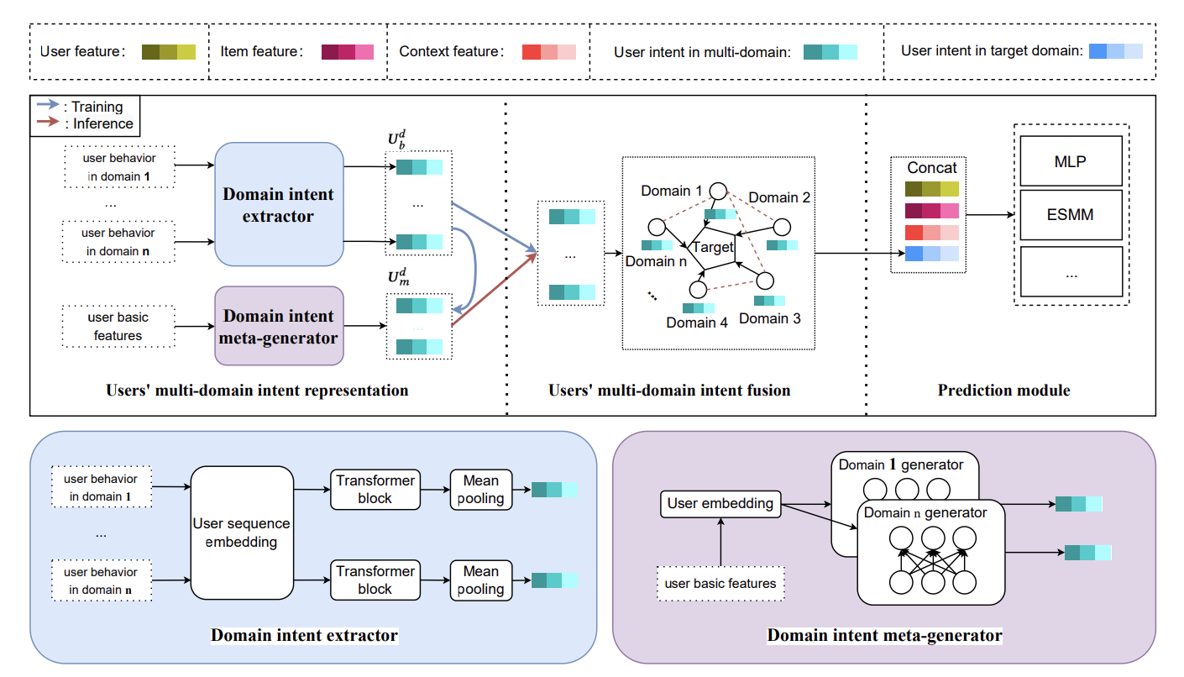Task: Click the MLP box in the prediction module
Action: pyautogui.click(x=1070, y=160)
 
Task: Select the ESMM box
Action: pyautogui.click(x=1070, y=214)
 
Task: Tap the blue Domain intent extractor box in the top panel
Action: pyautogui.click(x=279, y=204)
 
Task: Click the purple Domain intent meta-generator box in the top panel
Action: pyautogui.click(x=279, y=326)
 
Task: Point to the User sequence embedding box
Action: pyautogui.click(x=241, y=533)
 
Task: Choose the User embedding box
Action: pyautogui.click(x=720, y=504)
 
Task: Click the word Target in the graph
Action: pyautogui.click(x=712, y=247)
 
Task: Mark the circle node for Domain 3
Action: pyautogui.click(x=765, y=281)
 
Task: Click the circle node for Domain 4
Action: pyautogui.click(x=698, y=290)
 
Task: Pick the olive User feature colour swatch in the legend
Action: pyautogui.click(x=168, y=51)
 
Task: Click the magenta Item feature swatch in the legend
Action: pyautogui.click(x=347, y=51)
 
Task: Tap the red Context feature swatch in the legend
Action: pyautogui.click(x=548, y=51)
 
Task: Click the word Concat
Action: pyautogui.click(x=931, y=168)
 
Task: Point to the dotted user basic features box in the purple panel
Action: pyautogui.click(x=720, y=583)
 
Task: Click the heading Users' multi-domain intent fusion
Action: pyautogui.click(x=669, y=391)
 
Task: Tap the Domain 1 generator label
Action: pyautogui.click(x=901, y=464)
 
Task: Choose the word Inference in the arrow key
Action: pyautogui.click(x=102, y=123)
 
